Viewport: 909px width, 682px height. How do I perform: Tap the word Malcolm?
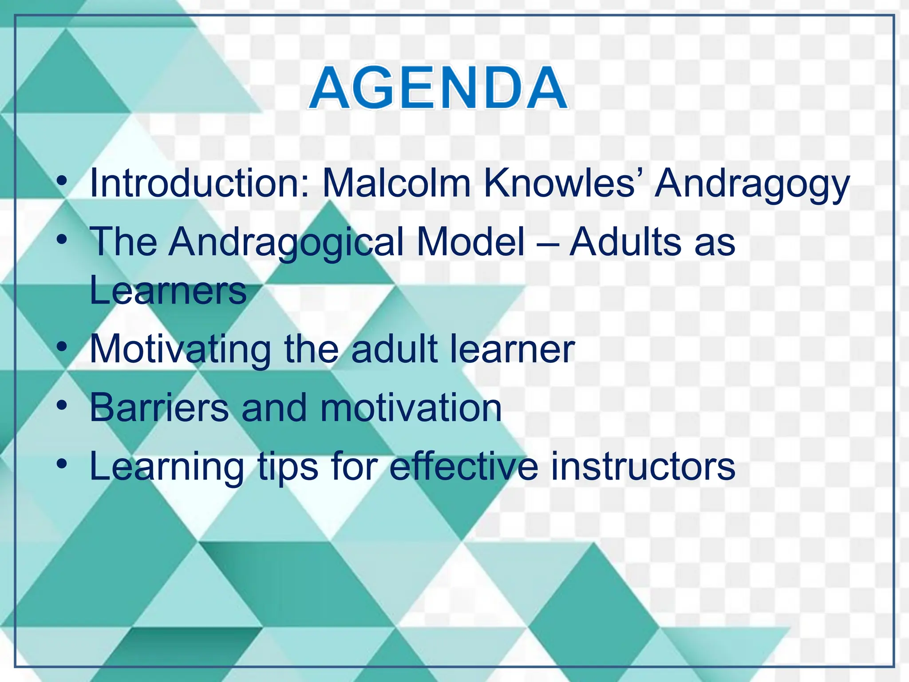click(396, 183)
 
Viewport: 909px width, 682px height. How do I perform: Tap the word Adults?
click(625, 242)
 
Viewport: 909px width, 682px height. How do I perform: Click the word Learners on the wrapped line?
click(168, 290)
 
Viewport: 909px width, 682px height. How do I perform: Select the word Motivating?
click(180, 350)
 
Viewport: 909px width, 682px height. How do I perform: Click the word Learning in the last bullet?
click(167, 467)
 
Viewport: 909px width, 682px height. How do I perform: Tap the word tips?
click(288, 467)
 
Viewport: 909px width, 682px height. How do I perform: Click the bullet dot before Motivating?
click(63, 345)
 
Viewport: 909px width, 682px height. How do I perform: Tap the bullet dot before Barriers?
click(63, 404)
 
